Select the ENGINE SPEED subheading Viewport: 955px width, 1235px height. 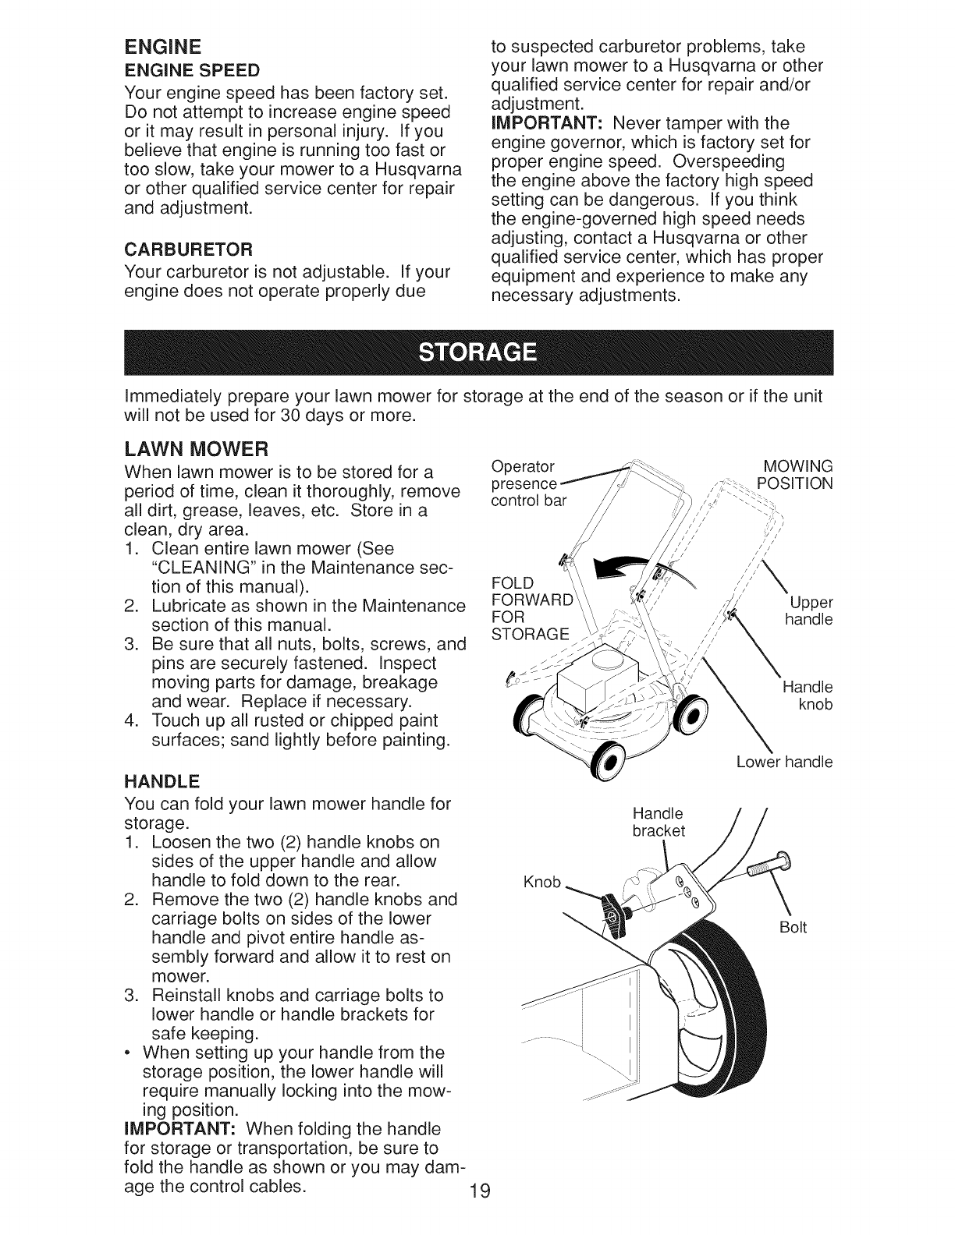pyautogui.click(x=182, y=69)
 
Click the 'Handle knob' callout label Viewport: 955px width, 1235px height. pyautogui.click(x=808, y=695)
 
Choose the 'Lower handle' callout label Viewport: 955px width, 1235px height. pyautogui.click(x=784, y=761)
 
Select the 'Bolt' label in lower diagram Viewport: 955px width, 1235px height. pyautogui.click(x=793, y=927)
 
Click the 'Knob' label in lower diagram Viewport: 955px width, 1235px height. pyautogui.click(x=541, y=882)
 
